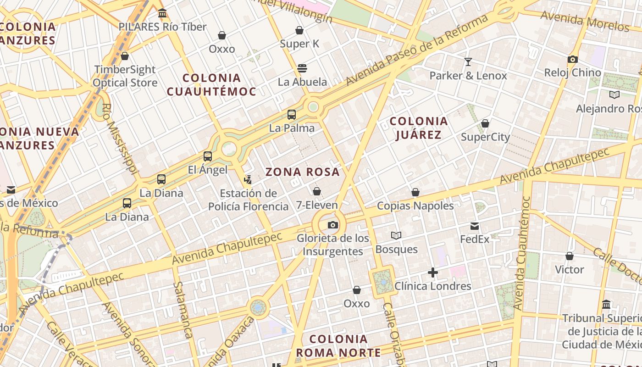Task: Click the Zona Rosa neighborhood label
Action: tap(303, 172)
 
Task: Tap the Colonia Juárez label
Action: tap(418, 128)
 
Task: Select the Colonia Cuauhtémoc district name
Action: tap(211, 85)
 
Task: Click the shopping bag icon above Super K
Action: tap(299, 30)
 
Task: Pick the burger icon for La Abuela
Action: tap(302, 68)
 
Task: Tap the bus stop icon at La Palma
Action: tap(292, 115)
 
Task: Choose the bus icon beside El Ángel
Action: tap(208, 156)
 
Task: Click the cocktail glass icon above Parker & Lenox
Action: tap(468, 62)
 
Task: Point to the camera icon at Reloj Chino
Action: tap(572, 59)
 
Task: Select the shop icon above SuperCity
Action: tap(485, 123)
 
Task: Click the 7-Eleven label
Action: tap(317, 205)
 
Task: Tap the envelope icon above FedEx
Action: tap(475, 226)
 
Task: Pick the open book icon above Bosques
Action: tap(396, 235)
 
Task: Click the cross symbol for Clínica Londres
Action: tap(432, 273)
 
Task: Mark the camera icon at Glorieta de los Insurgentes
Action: tap(333, 225)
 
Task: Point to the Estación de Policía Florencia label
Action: tap(248, 200)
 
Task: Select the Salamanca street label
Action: tap(182, 310)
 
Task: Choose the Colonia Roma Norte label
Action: tap(338, 346)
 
